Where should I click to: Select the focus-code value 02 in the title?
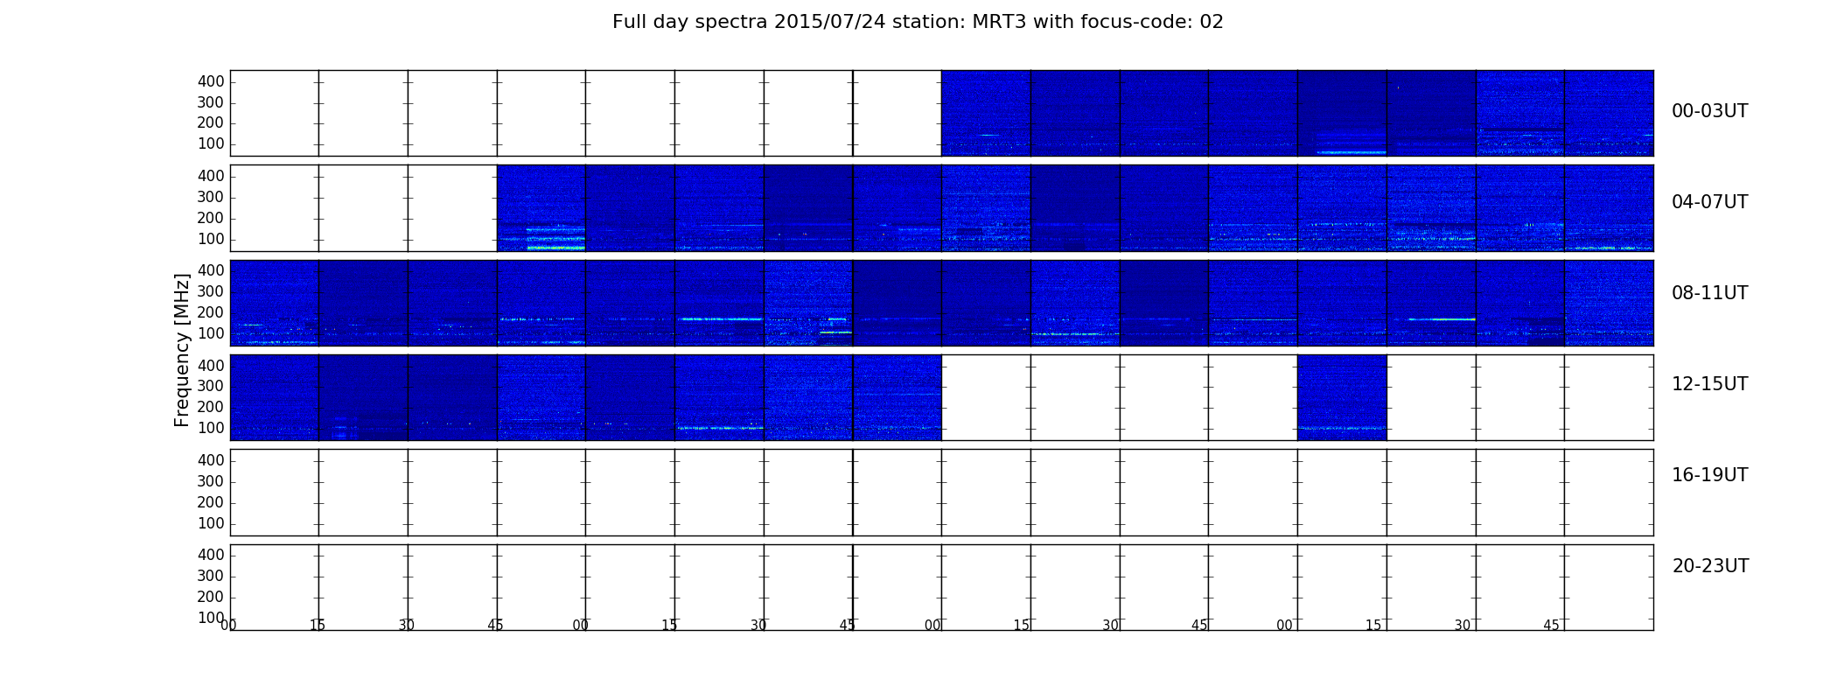click(1212, 22)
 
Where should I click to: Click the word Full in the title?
click(628, 22)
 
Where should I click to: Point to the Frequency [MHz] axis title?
click(182, 350)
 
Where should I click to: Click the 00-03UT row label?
click(1709, 111)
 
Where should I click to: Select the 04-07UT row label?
click(1709, 202)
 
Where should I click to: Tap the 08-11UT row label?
click(1709, 293)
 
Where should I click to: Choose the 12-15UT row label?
click(1709, 384)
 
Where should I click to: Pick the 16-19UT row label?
click(1709, 475)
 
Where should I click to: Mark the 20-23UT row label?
click(1710, 566)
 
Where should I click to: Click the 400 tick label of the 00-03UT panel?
click(211, 81)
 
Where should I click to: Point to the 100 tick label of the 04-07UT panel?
click(211, 239)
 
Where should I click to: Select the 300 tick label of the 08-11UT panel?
click(211, 291)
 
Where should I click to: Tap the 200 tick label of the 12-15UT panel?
click(211, 407)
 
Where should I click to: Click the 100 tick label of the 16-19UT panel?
click(211, 523)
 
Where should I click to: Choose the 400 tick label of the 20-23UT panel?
click(211, 555)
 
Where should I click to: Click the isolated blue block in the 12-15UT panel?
click(1342, 397)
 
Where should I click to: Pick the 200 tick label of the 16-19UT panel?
click(211, 502)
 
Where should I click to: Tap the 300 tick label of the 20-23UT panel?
click(211, 576)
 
